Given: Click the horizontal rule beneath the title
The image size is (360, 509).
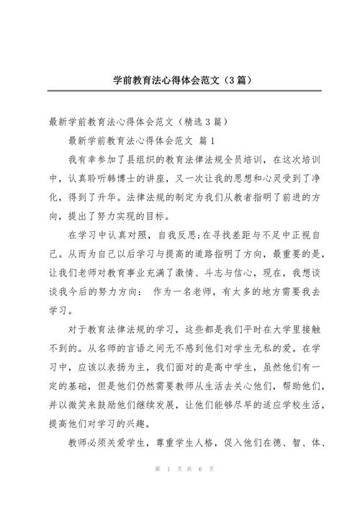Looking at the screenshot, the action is pyautogui.click(x=180, y=90).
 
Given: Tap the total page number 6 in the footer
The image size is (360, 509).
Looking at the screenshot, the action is pyautogui.click(x=197, y=488).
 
